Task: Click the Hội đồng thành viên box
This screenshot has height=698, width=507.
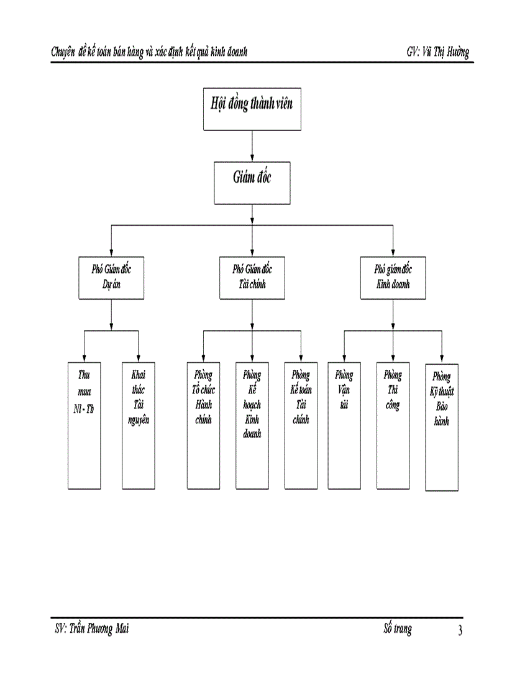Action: click(x=252, y=109)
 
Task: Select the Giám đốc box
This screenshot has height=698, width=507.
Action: click(x=252, y=183)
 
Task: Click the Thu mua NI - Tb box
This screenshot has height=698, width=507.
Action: click(x=84, y=425)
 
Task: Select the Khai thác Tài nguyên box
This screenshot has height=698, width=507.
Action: click(x=138, y=425)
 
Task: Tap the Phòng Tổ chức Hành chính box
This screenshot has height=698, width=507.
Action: click(x=203, y=425)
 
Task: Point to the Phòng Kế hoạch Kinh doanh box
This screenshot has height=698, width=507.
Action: click(x=252, y=425)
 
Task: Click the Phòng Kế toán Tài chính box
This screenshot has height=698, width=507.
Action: click(x=301, y=425)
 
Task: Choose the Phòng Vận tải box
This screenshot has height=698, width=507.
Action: click(x=344, y=425)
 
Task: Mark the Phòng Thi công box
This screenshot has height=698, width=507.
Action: click(x=393, y=425)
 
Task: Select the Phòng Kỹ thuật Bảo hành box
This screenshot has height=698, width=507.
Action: click(x=442, y=425)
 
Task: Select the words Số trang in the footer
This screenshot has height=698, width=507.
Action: click(x=398, y=630)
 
